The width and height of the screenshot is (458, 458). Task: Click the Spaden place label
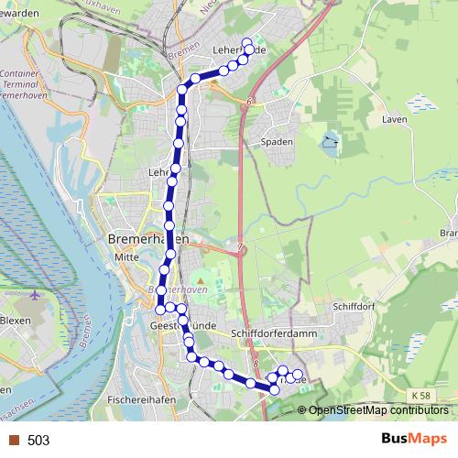pyautogui.click(x=277, y=142)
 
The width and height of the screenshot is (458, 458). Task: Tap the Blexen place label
pyautogui.click(x=15, y=321)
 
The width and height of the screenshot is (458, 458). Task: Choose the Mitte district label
pyautogui.click(x=126, y=257)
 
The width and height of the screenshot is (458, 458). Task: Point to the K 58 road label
pyautogui.click(x=420, y=395)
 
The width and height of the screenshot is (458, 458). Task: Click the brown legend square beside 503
pyautogui.click(x=13, y=441)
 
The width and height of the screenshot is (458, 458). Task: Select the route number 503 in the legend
pyautogui.click(x=38, y=441)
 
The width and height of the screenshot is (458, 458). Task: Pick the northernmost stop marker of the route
pyautogui.click(x=246, y=41)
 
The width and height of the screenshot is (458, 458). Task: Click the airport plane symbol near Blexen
pyautogui.click(x=36, y=296)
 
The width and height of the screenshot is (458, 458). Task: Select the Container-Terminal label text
pyautogui.click(x=18, y=78)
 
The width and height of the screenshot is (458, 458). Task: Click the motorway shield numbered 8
pyautogui.click(x=257, y=364)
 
